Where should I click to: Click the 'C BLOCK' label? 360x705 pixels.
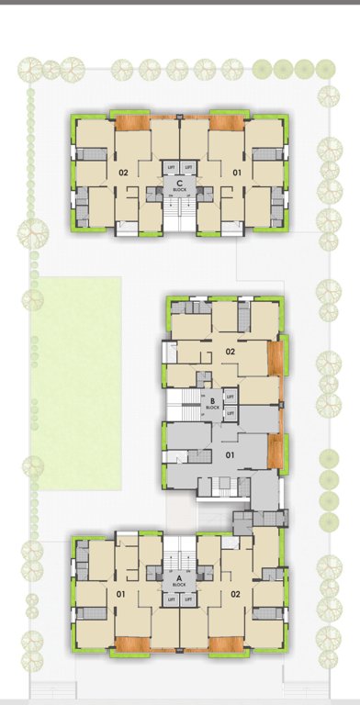[181, 187]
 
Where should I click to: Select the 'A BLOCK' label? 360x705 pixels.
[179, 580]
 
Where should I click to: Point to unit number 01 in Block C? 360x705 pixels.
[236, 172]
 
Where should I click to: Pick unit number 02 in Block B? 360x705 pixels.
[231, 351]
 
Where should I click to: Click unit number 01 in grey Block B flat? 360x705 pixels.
[231, 453]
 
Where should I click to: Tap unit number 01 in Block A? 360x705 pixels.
[121, 594]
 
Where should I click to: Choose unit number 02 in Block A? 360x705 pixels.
[237, 594]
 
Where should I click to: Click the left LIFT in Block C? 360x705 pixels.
[171, 167]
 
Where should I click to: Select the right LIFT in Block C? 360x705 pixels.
[190, 167]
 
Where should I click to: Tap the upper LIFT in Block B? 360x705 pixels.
[231, 396]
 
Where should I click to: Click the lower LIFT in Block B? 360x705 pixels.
[231, 413]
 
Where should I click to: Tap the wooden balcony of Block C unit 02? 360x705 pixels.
[132, 123]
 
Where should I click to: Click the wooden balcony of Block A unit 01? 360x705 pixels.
[131, 644]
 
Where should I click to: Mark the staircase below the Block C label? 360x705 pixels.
[181, 213]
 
